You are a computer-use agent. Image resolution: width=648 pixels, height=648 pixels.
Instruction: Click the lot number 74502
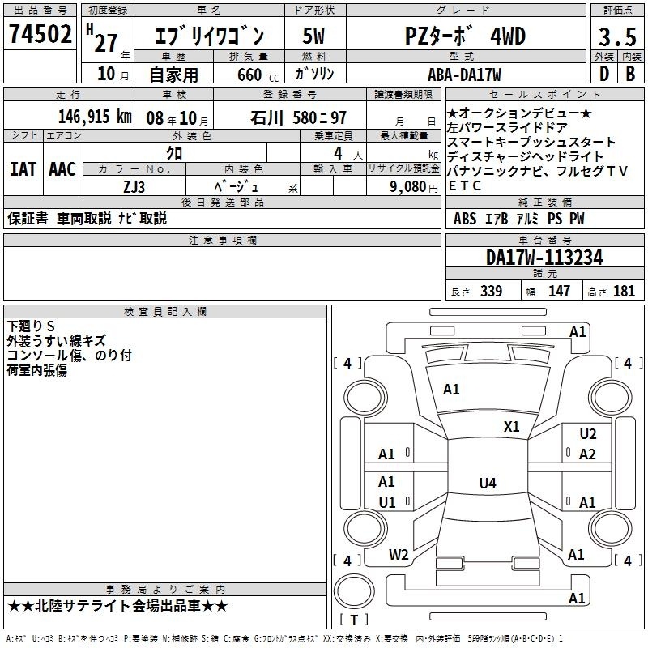[x=40, y=34]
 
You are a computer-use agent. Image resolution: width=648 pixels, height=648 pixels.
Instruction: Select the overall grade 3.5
[x=617, y=37]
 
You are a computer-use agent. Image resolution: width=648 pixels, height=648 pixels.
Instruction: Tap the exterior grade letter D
[x=604, y=74]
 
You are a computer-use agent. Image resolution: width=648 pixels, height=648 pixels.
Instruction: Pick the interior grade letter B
[x=630, y=74]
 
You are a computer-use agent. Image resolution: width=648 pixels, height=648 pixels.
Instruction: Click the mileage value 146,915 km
[x=95, y=117]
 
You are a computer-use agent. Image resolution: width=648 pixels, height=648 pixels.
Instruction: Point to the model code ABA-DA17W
[x=464, y=75]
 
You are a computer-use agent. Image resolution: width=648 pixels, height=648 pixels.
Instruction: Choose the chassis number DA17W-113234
[x=544, y=258]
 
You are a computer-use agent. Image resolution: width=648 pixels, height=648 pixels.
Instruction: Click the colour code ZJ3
[x=134, y=187]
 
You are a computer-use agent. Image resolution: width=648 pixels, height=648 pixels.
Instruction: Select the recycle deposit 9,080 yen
[x=414, y=187]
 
